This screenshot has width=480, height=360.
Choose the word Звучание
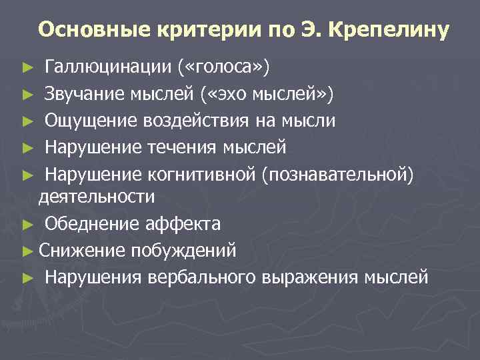84,94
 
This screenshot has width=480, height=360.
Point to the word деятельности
97,196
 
